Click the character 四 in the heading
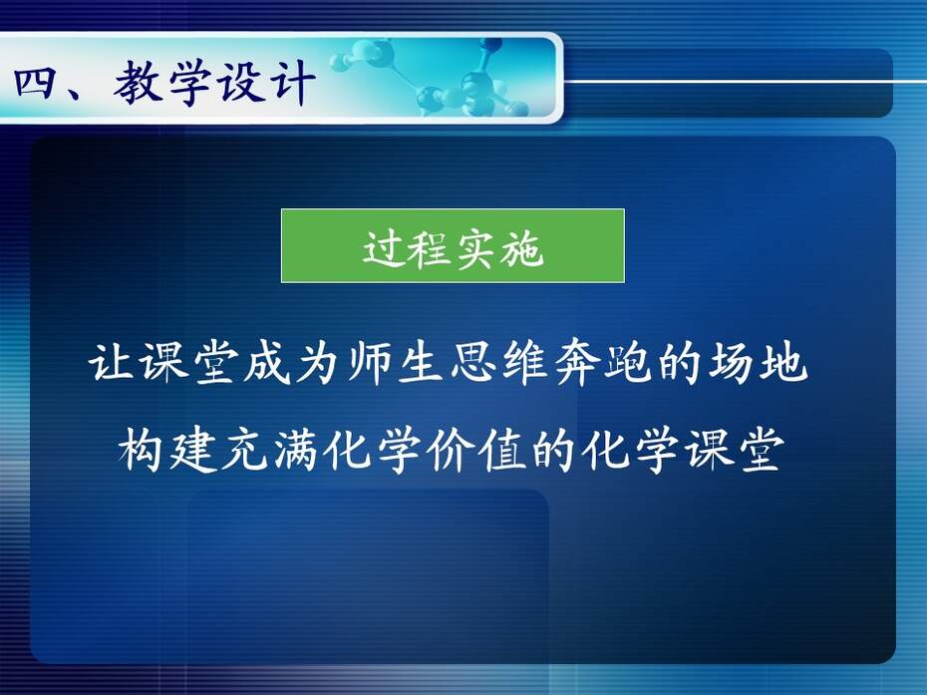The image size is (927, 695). [35, 83]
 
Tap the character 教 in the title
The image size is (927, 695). [139, 82]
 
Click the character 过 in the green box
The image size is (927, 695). [384, 248]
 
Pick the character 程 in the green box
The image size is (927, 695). [430, 248]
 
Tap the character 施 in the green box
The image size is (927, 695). [520, 248]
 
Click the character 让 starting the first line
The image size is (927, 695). [112, 362]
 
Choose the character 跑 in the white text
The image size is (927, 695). [628, 362]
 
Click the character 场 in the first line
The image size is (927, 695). [732, 362]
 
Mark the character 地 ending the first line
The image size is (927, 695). [783, 362]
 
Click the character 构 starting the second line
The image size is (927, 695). [141, 450]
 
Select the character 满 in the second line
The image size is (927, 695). [296, 450]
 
